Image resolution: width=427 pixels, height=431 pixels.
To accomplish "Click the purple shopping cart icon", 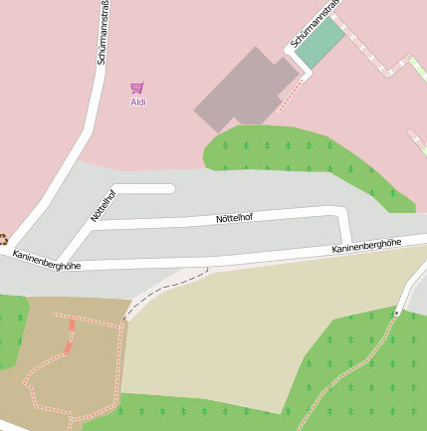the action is pyautogui.click(x=137, y=89).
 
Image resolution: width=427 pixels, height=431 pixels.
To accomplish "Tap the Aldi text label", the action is pyautogui.click(x=138, y=103).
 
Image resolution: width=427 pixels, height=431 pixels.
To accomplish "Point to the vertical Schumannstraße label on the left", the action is pyautogui.click(x=104, y=33).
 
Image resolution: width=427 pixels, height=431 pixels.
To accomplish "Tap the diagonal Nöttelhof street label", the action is pyautogui.click(x=104, y=204).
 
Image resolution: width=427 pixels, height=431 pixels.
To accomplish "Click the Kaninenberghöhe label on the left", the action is pyautogui.click(x=47, y=261).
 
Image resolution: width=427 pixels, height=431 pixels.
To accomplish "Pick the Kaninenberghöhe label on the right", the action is pyautogui.click(x=366, y=246).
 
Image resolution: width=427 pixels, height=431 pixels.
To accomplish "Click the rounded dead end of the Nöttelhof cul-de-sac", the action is pyautogui.click(x=169, y=188).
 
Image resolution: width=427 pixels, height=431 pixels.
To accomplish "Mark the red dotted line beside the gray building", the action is pyautogui.click(x=289, y=95).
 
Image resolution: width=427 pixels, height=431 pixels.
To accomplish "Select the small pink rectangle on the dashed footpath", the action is pyautogui.click(x=68, y=348).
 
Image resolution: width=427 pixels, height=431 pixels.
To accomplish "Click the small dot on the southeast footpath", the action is pyautogui.click(x=396, y=313).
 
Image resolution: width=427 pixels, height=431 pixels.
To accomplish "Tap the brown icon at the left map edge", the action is pyautogui.click(x=3, y=239).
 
